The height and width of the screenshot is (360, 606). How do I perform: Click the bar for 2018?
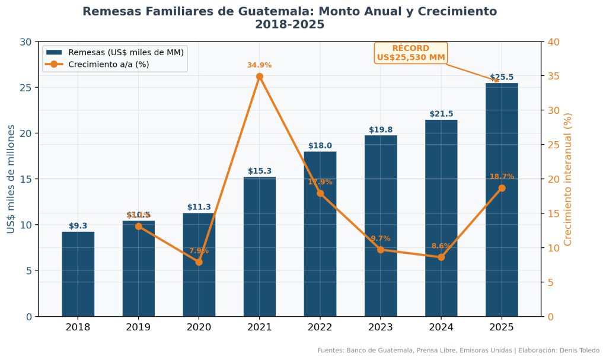pyautogui.click(x=78, y=274)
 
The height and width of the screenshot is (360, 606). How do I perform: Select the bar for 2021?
pyautogui.click(x=259, y=246)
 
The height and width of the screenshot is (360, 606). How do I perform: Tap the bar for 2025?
pyautogui.click(x=502, y=199)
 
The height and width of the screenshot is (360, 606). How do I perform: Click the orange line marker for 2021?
pyautogui.click(x=260, y=77)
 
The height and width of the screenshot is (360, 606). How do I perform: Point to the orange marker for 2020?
pyautogui.click(x=199, y=262)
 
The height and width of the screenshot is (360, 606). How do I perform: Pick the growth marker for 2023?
pyautogui.click(x=381, y=250)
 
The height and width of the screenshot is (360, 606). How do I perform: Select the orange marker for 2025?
pyautogui.click(x=502, y=188)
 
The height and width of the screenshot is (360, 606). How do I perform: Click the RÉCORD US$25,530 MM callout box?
pyautogui.click(x=410, y=53)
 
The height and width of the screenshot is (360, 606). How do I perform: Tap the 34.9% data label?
pyautogui.click(x=259, y=65)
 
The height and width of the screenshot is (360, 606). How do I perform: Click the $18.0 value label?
pyautogui.click(x=320, y=146)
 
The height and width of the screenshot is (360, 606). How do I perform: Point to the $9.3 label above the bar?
pyautogui.click(x=78, y=226)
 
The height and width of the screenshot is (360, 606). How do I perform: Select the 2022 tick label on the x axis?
pyautogui.click(x=320, y=327)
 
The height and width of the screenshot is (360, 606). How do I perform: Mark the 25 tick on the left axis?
pyautogui.click(x=25, y=88)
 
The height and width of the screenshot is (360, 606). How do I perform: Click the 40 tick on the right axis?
pyautogui.click(x=553, y=42)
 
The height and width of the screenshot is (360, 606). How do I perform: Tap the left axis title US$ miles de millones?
pyautogui.click(x=11, y=179)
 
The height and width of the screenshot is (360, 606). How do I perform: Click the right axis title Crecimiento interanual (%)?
pyautogui.click(x=567, y=179)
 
